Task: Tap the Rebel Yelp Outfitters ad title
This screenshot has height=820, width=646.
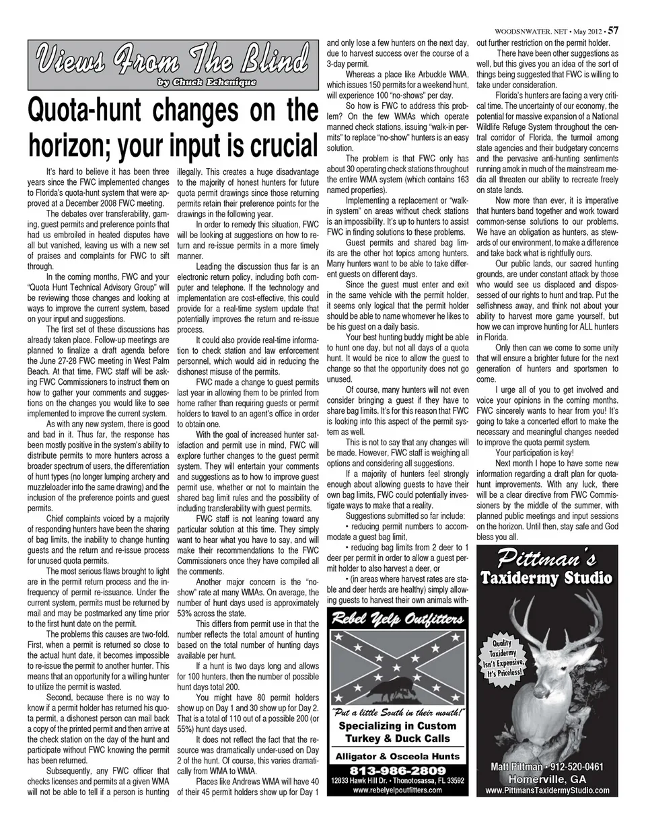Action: [396, 619]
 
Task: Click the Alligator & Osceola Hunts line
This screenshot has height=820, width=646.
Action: [396, 756]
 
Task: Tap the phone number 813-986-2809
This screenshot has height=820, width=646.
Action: [396, 770]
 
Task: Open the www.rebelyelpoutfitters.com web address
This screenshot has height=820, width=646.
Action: [396, 790]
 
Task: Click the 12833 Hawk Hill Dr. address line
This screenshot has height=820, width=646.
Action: [396, 780]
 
